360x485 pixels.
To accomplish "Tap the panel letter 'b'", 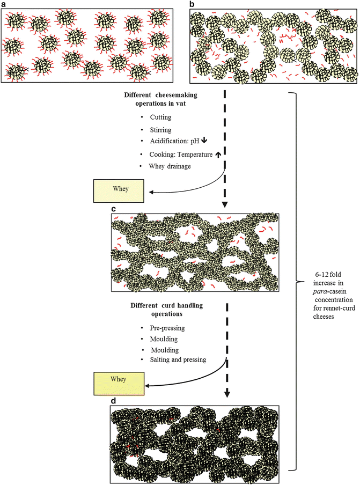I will coord(192,4).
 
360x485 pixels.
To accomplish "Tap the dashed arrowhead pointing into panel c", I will coord(224,205).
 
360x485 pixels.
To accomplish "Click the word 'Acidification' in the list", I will coord(159,142).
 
